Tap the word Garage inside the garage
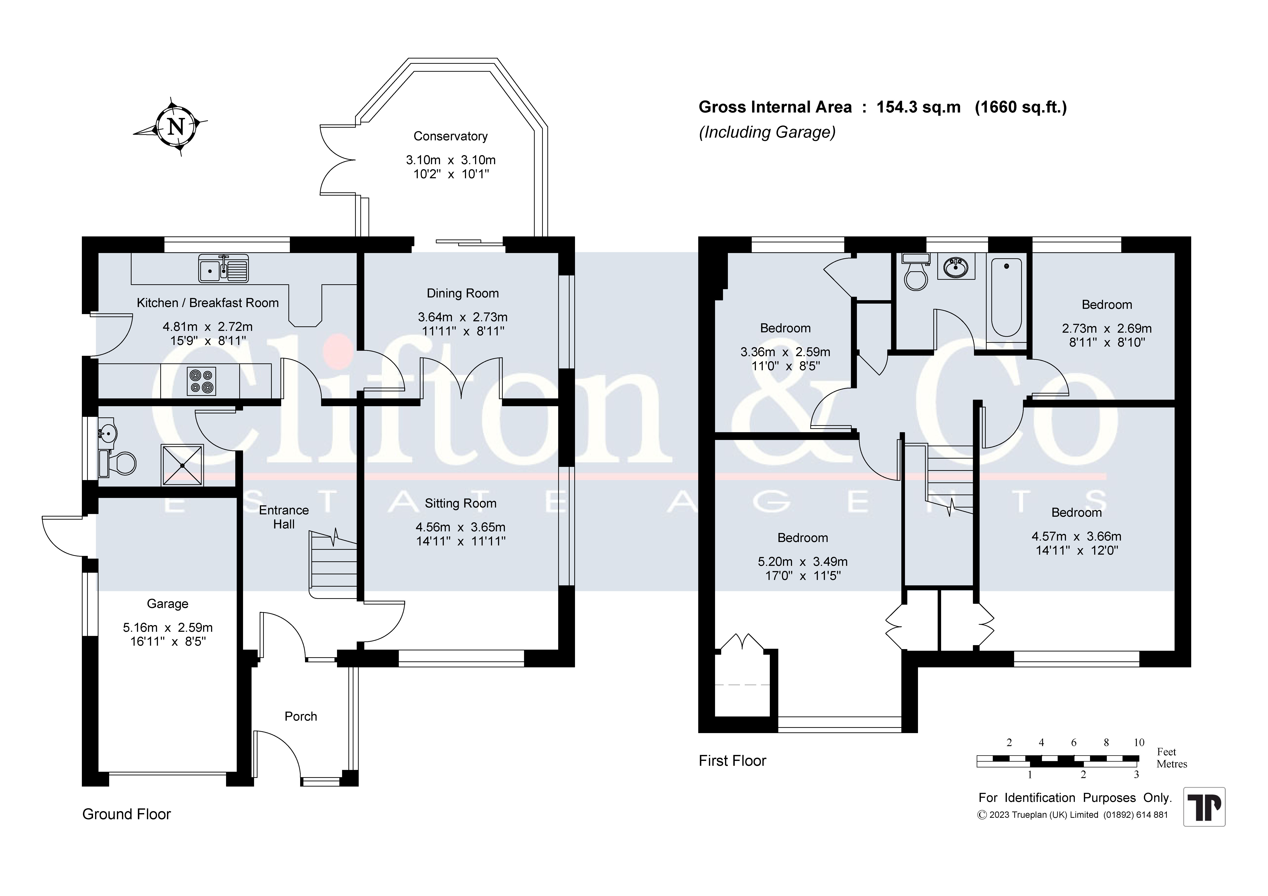coord(167,604)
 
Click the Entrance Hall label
coord(284,517)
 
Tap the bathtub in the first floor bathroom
coord(1006,298)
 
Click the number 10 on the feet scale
coord(1139,742)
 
